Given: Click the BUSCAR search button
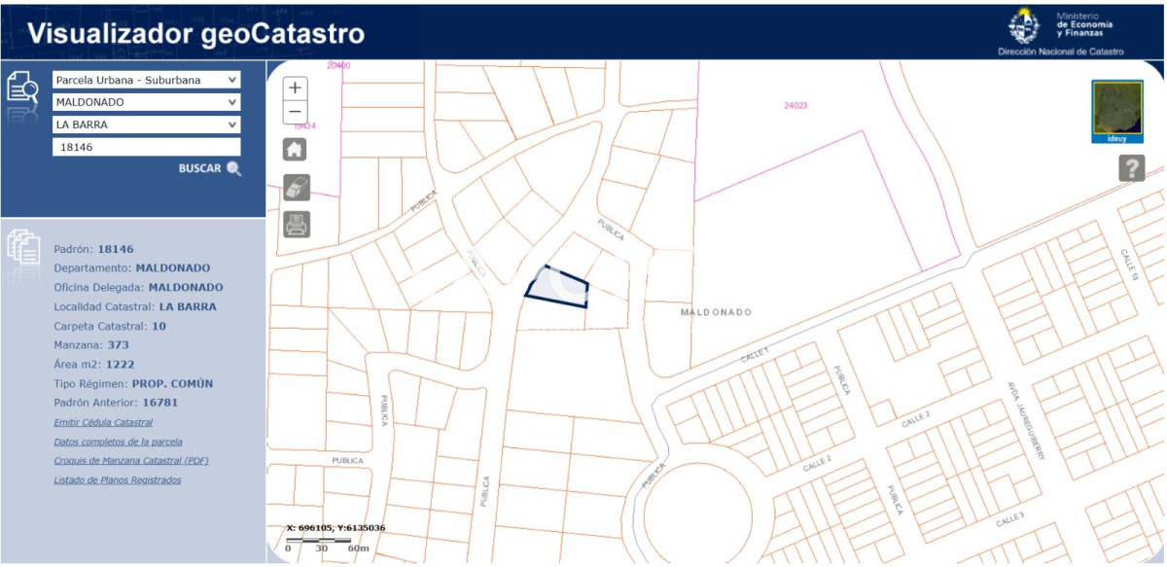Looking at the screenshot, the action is coord(209,168).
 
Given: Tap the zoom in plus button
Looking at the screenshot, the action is coord(296,88).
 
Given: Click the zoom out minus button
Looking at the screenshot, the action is coord(296,112).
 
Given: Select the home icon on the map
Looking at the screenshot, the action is coord(295,150).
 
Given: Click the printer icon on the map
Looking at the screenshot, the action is coord(297,225).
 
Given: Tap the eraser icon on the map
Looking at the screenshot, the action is coord(297,188).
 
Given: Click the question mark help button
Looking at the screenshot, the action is coord(1131,168).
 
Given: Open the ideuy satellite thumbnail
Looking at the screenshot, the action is coord(1117,111).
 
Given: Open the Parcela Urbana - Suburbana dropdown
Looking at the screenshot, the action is coord(146,80).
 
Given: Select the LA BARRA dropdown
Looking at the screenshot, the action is coord(146,124).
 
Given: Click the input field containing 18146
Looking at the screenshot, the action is coord(146,147).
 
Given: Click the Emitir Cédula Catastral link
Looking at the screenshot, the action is coord(103,422).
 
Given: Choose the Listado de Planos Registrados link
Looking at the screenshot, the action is coord(117,479).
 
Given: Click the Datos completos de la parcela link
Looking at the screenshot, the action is coord(118,442).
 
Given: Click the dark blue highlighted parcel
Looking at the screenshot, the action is coord(558,288).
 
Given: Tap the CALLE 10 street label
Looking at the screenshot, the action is coord(1129,264).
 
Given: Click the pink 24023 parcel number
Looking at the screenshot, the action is coord(796,105).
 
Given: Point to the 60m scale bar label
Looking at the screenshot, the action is coord(358,549).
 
